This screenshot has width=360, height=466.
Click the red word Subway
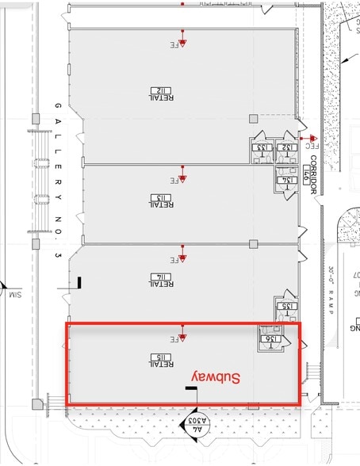(x=216, y=378)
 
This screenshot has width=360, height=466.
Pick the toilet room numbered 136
(x=267, y=340)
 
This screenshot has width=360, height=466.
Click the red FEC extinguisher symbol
(x=313, y=140)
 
